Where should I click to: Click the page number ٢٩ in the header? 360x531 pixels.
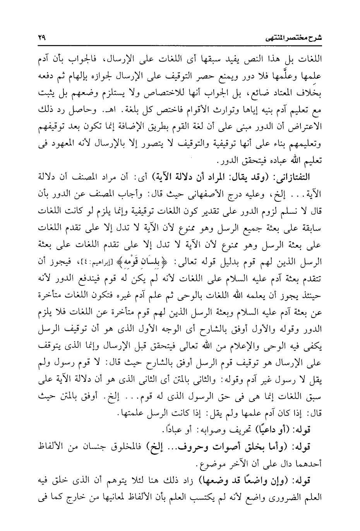click(41, 38)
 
